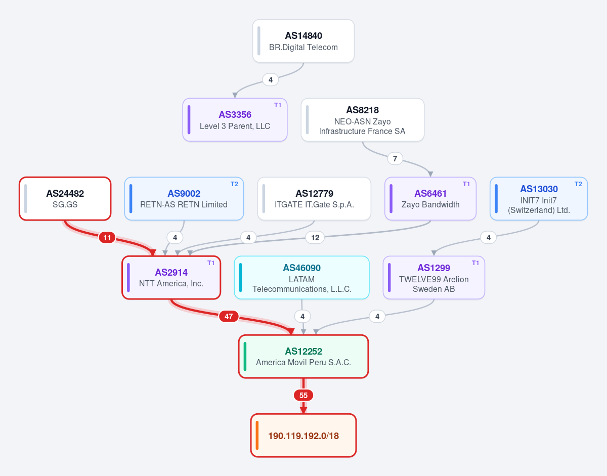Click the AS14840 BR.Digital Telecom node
303,41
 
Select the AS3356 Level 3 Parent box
235,120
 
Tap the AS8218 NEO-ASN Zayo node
363,120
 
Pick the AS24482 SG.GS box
65,199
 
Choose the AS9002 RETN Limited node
184,199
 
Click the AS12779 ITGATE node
314,199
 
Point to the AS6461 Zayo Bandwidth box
430,199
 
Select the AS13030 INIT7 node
539,199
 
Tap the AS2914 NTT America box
171,278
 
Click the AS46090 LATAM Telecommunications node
301,278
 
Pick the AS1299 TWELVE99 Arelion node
434,278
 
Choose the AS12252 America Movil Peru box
303,357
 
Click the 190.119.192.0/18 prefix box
303,436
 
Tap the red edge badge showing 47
229,317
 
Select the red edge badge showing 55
303,395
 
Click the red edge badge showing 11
107,238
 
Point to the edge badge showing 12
315,238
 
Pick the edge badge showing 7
395,159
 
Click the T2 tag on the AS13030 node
578,184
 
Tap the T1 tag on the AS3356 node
278,105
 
